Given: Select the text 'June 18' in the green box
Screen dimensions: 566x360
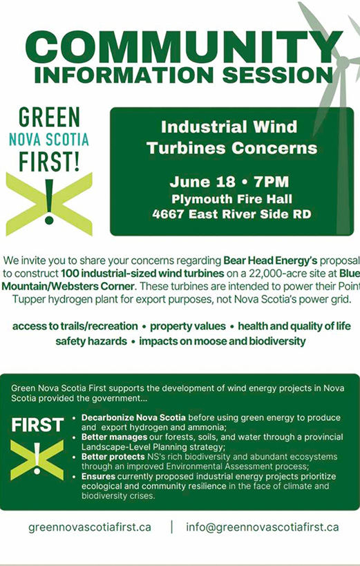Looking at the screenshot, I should [x=196, y=182].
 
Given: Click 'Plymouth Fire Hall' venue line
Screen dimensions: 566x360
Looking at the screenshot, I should [x=231, y=199].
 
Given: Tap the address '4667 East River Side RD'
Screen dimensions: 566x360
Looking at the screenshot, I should [x=231, y=214].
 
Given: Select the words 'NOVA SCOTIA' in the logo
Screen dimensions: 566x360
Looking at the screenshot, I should [x=48, y=140].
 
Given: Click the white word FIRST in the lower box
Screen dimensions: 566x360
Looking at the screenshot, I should [x=37, y=425].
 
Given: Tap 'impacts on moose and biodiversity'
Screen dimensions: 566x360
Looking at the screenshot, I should [x=222, y=341].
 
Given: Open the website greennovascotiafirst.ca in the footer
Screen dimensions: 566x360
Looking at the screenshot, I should [x=90, y=527].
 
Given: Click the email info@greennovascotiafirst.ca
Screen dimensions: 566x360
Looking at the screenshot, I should [x=263, y=527].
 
